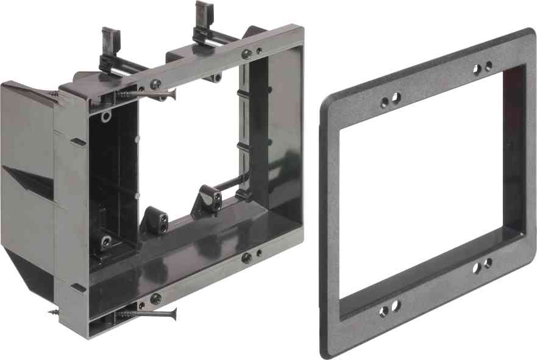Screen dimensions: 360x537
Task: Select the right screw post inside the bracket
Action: [207, 199]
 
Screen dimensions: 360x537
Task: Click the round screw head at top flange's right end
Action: [247, 54]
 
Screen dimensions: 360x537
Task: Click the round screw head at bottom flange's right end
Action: [246, 258]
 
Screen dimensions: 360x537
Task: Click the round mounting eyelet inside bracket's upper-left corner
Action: [106, 115]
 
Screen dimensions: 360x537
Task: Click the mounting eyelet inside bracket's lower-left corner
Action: [106, 241]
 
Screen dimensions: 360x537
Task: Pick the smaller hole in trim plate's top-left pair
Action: [385, 102]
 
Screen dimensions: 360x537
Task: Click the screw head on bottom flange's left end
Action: [155, 298]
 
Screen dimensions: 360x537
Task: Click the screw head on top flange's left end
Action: [156, 84]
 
